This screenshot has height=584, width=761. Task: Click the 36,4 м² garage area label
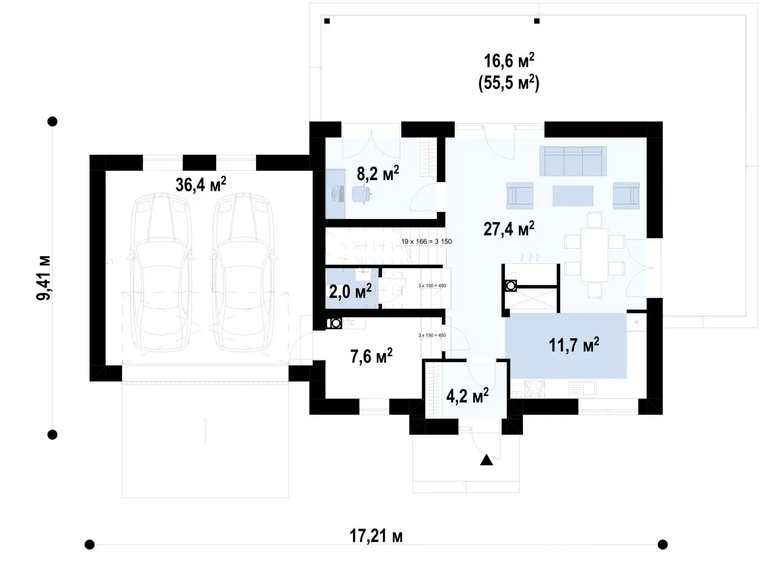coord(201,184)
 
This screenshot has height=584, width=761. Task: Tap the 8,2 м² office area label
coord(378,173)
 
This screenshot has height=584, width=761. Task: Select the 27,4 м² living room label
coord(509,229)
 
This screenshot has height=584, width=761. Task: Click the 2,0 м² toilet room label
coord(350,291)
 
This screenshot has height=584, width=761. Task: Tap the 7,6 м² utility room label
coord(371,356)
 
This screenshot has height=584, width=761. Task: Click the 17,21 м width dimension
coord(376,536)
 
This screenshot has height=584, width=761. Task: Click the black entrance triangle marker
coord(486,460)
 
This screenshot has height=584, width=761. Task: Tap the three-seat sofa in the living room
coord(573,161)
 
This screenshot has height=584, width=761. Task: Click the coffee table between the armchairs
coord(573,196)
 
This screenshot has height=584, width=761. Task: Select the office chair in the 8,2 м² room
coord(361,194)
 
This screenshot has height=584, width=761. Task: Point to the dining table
coord(594,255)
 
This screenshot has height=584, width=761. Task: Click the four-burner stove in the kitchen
coord(535,389)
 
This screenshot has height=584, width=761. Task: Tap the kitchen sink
coord(583,389)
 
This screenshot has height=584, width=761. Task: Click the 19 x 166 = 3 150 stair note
coord(426,241)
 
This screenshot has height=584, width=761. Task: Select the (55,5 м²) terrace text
coord(509,84)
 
